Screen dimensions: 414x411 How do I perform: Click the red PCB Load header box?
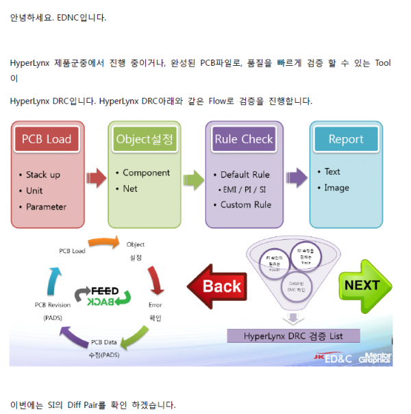click(x=47, y=139)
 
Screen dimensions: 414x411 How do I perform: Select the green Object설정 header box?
click(x=145, y=138)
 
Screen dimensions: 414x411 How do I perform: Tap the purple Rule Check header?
click(x=244, y=138)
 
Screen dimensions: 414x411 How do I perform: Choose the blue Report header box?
click(x=346, y=138)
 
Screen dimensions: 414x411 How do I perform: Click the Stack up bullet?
click(x=42, y=175)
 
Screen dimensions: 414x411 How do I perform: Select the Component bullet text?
click(x=146, y=173)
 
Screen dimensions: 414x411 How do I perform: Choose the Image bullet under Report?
click(x=336, y=188)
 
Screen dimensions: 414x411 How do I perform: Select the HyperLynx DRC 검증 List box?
click(x=293, y=336)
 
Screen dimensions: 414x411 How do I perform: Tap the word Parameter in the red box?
click(x=46, y=206)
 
